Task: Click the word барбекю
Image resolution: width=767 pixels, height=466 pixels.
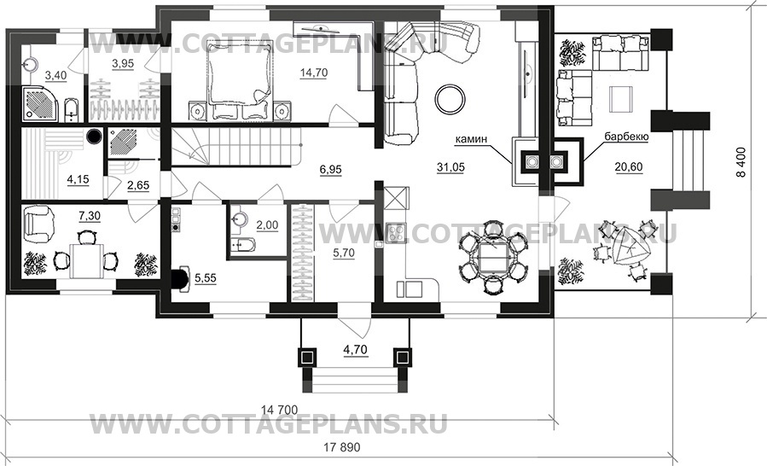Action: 627,136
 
